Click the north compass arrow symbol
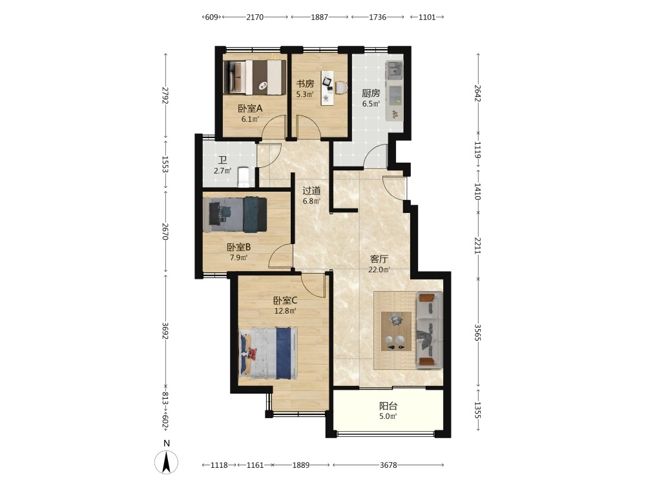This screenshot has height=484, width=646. [x=166, y=462]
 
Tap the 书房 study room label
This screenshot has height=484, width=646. [x=305, y=83]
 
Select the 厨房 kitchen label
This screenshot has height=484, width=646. [x=371, y=94]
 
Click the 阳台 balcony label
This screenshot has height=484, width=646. [x=388, y=406]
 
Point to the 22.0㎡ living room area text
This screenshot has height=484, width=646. [x=379, y=270]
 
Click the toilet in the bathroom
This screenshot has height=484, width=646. [x=244, y=177]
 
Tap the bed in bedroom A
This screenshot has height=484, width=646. [x=255, y=77]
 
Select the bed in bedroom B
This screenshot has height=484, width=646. [x=235, y=214]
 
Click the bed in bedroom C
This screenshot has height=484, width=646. [x=269, y=353]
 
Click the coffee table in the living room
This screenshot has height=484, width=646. [x=396, y=331]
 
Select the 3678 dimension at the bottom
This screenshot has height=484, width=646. [x=388, y=465]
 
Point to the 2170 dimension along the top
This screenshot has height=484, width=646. [x=255, y=17]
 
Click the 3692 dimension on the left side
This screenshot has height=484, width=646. [x=165, y=331]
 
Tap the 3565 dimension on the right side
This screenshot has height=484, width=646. [x=477, y=332]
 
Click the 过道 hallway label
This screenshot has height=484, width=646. [x=311, y=190]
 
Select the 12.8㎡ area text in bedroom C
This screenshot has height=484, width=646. [x=285, y=311]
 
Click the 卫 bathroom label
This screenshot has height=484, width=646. [x=222, y=160]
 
